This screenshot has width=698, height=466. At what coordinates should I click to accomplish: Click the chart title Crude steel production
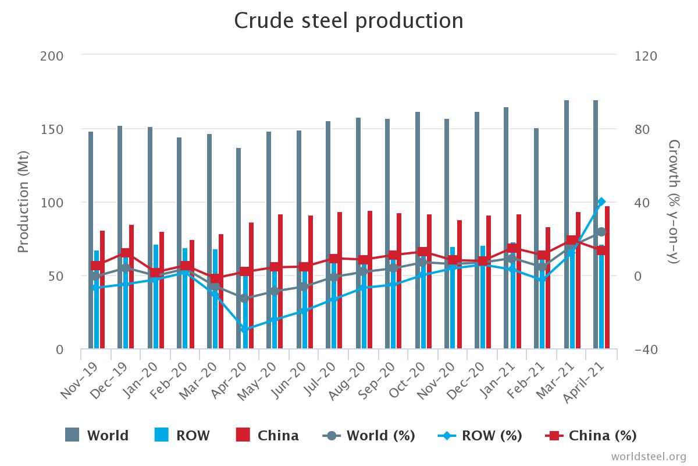click(349, 21)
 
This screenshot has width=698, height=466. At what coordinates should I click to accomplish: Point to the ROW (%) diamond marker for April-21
click(601, 202)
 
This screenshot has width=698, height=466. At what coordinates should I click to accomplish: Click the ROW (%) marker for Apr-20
click(245, 329)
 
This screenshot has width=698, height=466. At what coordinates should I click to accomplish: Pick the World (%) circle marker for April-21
click(601, 232)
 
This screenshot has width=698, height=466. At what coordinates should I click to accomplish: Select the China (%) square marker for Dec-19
click(126, 253)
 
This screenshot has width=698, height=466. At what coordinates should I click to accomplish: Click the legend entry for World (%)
click(369, 435)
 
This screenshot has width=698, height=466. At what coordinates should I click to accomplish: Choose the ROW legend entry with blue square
click(182, 435)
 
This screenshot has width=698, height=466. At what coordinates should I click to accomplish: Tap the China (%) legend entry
click(591, 435)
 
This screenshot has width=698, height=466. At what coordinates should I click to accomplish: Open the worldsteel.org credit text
click(649, 456)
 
